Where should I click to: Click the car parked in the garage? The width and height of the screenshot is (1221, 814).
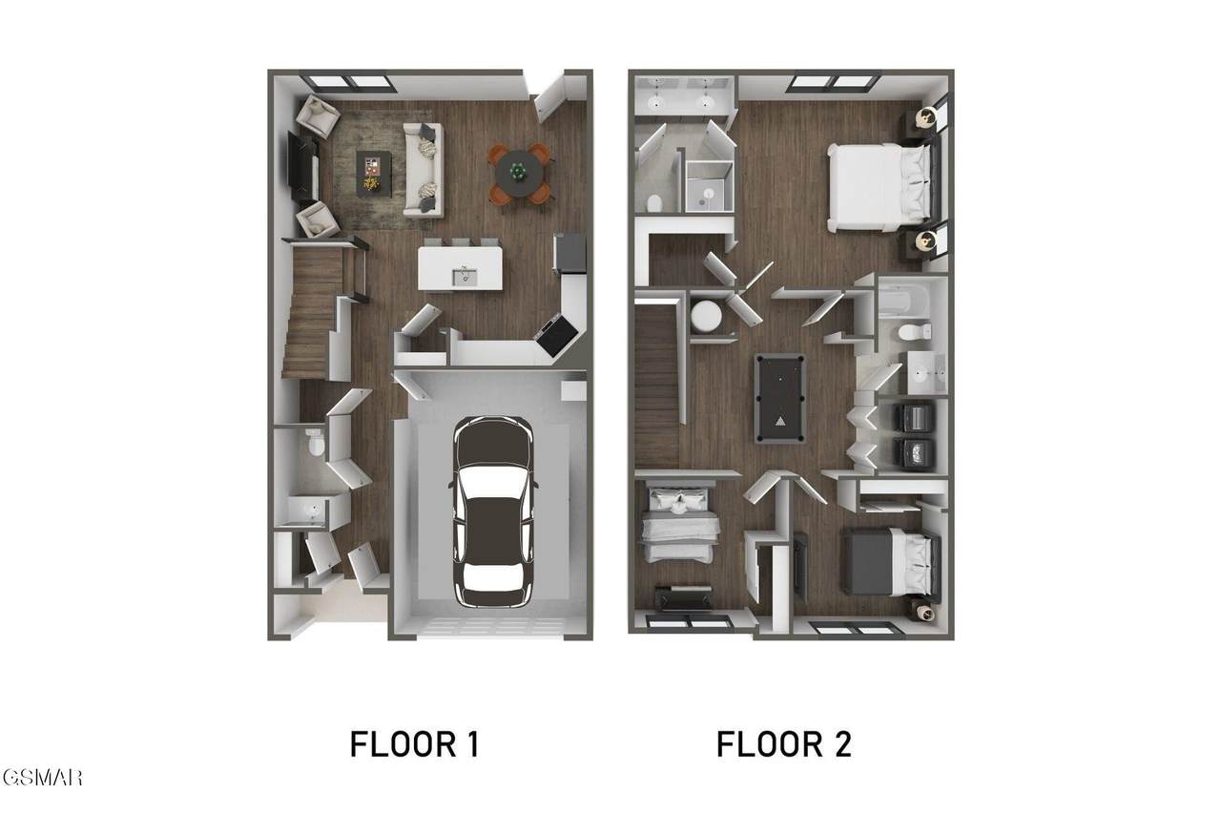(x=493, y=511)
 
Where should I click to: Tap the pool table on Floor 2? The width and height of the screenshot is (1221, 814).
(x=780, y=398)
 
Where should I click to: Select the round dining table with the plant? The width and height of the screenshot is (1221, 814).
(x=519, y=174)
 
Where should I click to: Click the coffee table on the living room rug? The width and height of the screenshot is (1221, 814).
(x=373, y=174)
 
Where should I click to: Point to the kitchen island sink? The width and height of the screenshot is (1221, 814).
(x=465, y=277)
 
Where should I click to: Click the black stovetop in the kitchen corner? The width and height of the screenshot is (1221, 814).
(x=557, y=334)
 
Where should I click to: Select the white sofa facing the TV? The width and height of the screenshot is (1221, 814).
(x=424, y=170)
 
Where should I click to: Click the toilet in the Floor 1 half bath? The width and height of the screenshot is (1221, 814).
(x=315, y=442)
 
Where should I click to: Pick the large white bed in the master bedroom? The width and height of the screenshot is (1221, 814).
(x=879, y=187)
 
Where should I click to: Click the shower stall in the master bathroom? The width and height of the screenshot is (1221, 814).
(x=708, y=186)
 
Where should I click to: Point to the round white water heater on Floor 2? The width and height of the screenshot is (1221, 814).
(x=707, y=316)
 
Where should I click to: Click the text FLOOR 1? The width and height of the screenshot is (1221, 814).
(x=414, y=744)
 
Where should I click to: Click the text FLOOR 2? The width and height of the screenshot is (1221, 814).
(x=783, y=744)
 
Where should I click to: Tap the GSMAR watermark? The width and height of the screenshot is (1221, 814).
(x=41, y=778)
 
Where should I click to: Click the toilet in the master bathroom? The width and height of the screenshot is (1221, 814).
(x=654, y=203)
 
